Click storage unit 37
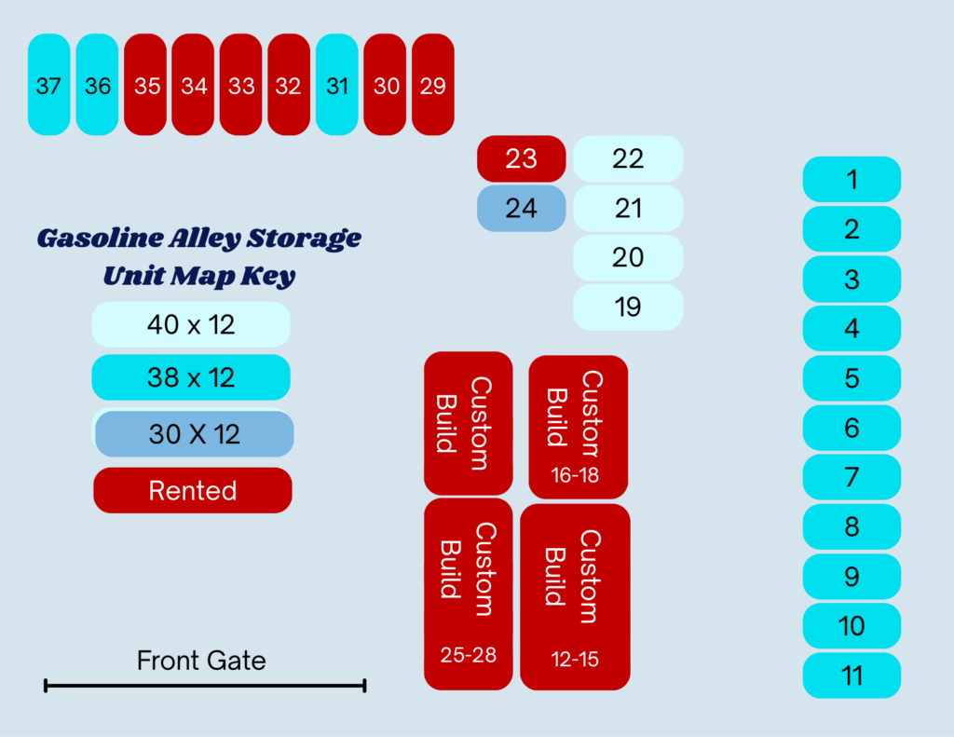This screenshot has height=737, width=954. pos(48,85)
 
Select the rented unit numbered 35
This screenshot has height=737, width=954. pos(146,85)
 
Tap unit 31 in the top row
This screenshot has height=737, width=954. pos(337,85)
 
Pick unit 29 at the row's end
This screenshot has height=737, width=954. pos(432,85)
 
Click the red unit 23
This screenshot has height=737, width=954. pos(521,158)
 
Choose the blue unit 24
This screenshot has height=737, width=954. pos(521,208)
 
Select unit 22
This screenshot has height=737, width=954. pos(627,158)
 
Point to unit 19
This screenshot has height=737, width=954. pos(627,307)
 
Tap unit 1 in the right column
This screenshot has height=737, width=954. pos(852,179)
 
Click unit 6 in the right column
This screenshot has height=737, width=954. pos(852,428)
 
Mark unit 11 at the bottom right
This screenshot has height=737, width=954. pos(852,676)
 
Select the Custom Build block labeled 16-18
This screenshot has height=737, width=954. pos(578,427)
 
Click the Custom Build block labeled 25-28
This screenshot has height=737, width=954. pos(468,594)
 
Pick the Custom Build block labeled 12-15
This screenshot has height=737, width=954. pos(575,596)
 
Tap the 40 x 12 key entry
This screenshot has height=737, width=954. pos(191,324)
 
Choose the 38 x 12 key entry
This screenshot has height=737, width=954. pos(191,377)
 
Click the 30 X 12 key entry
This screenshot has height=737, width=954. pos(194,434)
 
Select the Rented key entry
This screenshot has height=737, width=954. pos(193,490)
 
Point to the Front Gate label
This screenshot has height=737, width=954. pos(201,661)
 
